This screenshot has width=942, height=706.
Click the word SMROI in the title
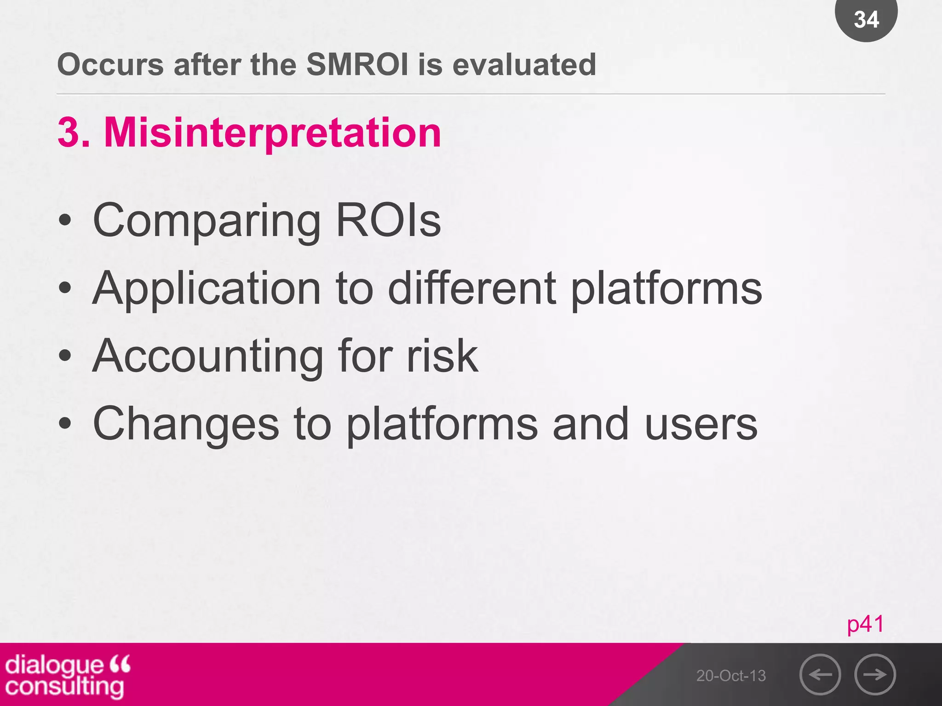pyautogui.click(x=357, y=64)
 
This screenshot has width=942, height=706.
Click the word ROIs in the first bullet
pyautogui.click(x=389, y=221)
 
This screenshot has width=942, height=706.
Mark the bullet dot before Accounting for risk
pyautogui.click(x=65, y=355)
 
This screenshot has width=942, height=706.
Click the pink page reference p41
pyautogui.click(x=865, y=624)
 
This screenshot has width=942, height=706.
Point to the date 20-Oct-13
pyautogui.click(x=731, y=676)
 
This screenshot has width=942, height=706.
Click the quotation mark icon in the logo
pyautogui.click(x=120, y=664)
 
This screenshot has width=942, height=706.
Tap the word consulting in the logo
pyautogui.click(x=64, y=686)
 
